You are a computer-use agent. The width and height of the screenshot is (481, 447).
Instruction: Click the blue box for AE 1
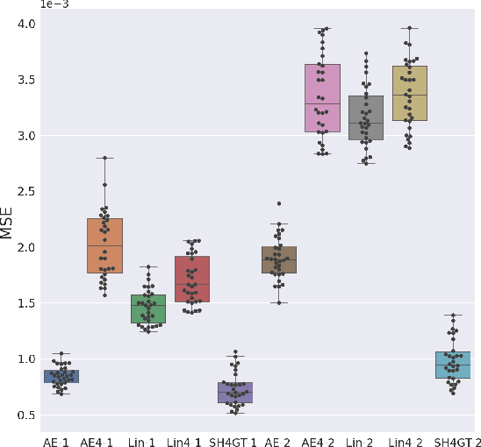(x=61, y=376)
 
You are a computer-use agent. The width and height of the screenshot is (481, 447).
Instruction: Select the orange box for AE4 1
(x=104, y=245)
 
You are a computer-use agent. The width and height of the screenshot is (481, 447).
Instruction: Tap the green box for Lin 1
(x=148, y=309)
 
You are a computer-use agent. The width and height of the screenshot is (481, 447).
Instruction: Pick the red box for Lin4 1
(x=191, y=279)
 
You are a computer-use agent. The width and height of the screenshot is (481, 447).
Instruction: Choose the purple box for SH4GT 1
(x=235, y=392)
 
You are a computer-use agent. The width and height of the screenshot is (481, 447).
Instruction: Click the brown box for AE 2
(x=279, y=259)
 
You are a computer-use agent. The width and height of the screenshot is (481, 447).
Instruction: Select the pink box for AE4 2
(x=322, y=97)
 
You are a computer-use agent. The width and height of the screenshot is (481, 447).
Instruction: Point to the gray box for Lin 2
(x=366, y=117)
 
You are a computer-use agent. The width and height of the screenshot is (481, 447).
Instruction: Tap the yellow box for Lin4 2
(x=409, y=93)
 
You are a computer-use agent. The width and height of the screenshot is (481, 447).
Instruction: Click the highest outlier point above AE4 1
(x=105, y=158)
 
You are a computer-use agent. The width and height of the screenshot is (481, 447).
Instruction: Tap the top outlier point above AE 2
(x=279, y=203)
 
